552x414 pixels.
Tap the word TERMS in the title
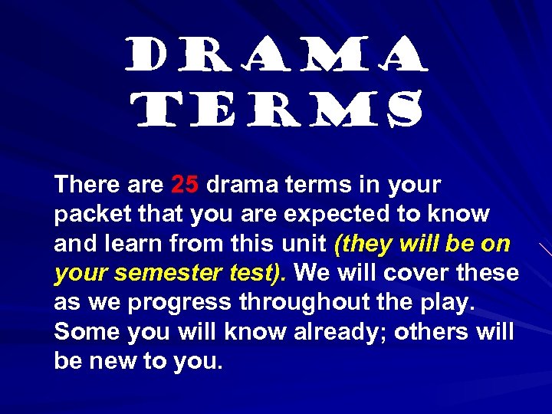(276, 110)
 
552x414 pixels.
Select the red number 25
(185, 185)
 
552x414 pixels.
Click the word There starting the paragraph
(87, 185)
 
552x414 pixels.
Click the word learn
(136, 244)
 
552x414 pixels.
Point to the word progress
(179, 303)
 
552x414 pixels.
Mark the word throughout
(308, 303)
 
